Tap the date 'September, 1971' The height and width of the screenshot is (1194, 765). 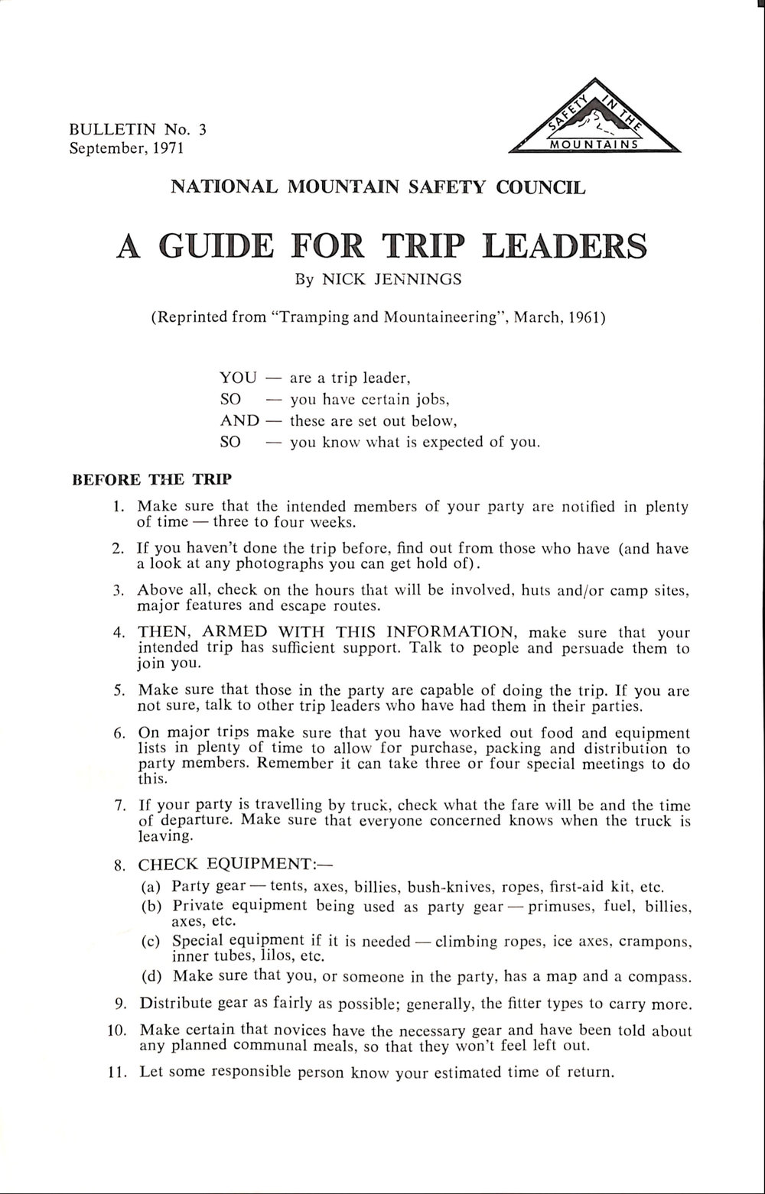tap(127, 148)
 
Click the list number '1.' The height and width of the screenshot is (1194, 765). tap(118, 506)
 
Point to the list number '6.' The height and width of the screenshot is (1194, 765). tap(119, 733)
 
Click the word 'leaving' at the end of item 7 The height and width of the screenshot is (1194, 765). tap(161, 837)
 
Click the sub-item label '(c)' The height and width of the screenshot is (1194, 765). tap(151, 941)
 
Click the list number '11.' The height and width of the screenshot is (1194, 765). tap(116, 1072)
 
